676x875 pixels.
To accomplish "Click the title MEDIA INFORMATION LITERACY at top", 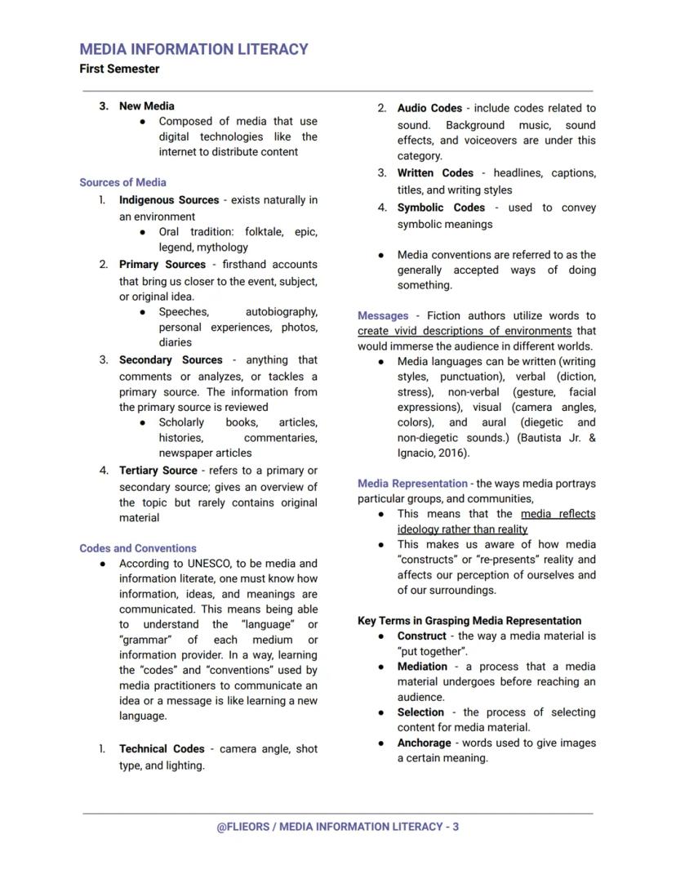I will click(193, 49).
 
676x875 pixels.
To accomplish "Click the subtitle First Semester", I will click(119, 69).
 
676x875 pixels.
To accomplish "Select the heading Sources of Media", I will click(122, 182).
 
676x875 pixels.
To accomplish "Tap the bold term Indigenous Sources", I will click(168, 199).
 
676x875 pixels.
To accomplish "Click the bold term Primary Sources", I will click(162, 264).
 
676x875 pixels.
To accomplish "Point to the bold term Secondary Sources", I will click(171, 359).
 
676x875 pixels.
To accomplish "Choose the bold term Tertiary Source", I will click(158, 470).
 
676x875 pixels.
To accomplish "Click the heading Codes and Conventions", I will click(137, 548).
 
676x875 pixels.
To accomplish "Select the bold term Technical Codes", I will click(162, 748).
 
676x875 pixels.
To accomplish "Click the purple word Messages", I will click(382, 315).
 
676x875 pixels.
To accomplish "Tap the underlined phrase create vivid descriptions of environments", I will click(464, 331).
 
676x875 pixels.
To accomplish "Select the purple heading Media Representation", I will click(412, 483).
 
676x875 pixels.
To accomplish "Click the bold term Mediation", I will click(422, 666).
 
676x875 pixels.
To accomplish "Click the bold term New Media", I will click(146, 105).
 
